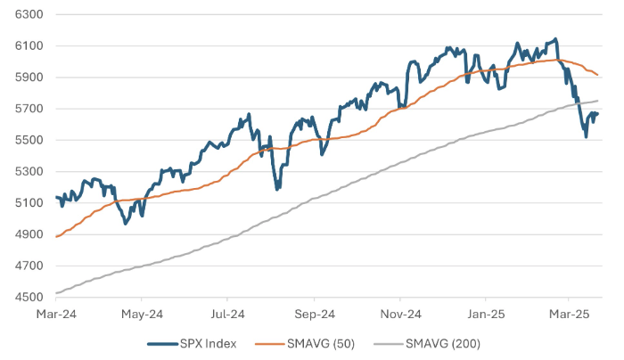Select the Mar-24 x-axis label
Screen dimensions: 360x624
tap(55, 314)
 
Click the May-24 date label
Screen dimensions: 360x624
tap(142, 314)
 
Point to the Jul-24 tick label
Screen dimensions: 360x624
tap(227, 314)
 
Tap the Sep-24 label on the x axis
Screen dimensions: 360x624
tap(314, 314)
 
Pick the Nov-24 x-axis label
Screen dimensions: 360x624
tap(400, 314)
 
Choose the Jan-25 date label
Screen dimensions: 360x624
tap(486, 314)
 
